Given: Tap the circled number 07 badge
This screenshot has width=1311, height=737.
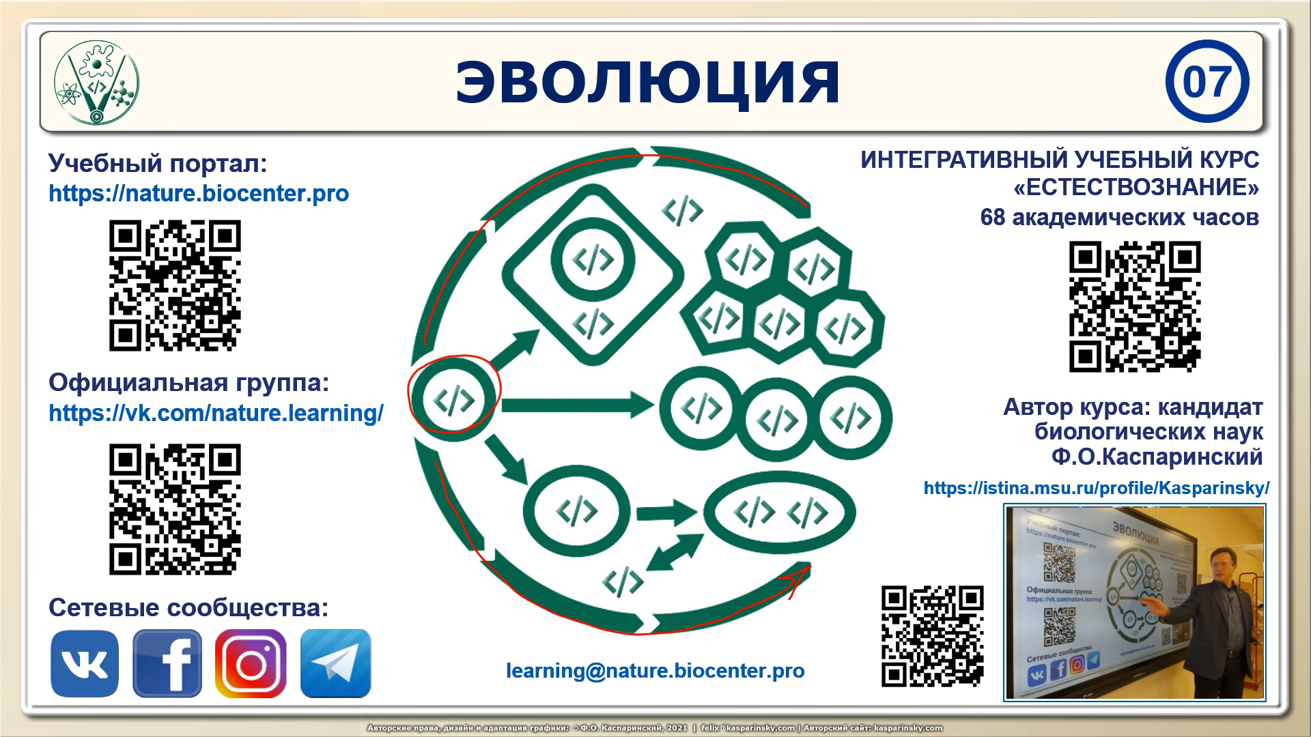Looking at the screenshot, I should pyautogui.click(x=1207, y=82).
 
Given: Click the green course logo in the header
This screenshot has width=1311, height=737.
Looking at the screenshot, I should pyautogui.click(x=96, y=83).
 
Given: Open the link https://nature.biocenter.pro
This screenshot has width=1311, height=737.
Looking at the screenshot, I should pyautogui.click(x=199, y=194).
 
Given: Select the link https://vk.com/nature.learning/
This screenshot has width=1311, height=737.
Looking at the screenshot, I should pyautogui.click(x=216, y=414).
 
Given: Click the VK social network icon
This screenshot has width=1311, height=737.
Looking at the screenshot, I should pyautogui.click(x=85, y=663).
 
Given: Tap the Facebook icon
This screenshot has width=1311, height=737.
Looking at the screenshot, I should pyautogui.click(x=167, y=663).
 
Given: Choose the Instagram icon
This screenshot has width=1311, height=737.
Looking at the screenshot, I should pyautogui.click(x=251, y=663).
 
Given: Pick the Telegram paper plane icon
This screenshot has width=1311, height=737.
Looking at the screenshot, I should pyautogui.click(x=335, y=663).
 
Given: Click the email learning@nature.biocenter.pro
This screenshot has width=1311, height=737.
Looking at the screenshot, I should pyautogui.click(x=655, y=671).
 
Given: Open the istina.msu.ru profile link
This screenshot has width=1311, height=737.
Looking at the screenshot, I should pyautogui.click(x=1096, y=489).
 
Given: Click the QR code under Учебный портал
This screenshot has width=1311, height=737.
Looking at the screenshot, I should pyautogui.click(x=175, y=285).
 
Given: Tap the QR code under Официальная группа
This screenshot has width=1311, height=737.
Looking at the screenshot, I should pyautogui.click(x=175, y=509).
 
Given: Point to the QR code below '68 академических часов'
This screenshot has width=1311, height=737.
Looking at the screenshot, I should pyautogui.click(x=1134, y=306).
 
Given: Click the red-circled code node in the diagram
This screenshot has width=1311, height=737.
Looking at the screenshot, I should pyautogui.click(x=454, y=399).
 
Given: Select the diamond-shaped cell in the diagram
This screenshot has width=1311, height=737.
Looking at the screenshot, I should pyautogui.click(x=593, y=274).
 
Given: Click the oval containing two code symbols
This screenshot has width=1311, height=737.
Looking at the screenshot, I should pyautogui.click(x=779, y=513).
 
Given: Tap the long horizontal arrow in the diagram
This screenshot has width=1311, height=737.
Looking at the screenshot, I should pyautogui.click(x=577, y=405).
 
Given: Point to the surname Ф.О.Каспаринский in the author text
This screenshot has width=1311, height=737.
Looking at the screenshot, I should pyautogui.click(x=1157, y=457).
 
